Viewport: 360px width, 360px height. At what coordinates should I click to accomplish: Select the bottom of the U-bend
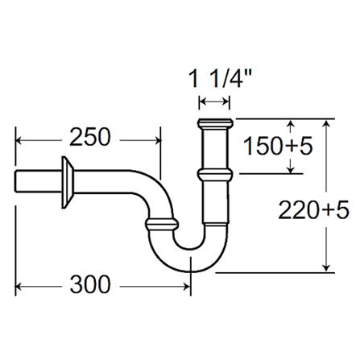[191, 250]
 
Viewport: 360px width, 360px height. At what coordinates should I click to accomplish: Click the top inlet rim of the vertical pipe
[214, 125]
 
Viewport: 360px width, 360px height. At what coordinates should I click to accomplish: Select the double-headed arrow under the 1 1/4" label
[214, 102]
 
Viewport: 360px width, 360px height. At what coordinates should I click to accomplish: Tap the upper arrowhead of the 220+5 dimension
[325, 123]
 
